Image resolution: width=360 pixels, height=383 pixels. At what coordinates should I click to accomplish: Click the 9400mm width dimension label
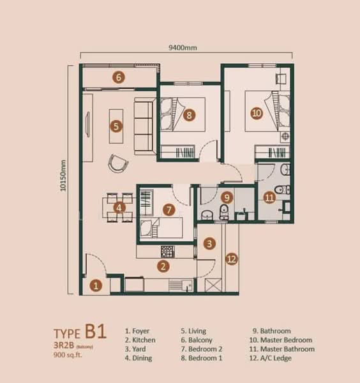pyautogui.click(x=183, y=48)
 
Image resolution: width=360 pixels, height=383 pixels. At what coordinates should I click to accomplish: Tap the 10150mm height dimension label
pyautogui.click(x=63, y=176)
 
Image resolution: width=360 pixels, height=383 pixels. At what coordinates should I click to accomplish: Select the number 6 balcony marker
pyautogui.click(x=119, y=77)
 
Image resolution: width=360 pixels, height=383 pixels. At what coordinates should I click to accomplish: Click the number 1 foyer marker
pyautogui.click(x=96, y=285)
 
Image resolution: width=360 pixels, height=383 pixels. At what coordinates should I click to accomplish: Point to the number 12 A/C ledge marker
pyautogui.click(x=232, y=259)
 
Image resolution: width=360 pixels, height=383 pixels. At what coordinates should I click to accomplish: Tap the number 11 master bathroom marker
pyautogui.click(x=269, y=197)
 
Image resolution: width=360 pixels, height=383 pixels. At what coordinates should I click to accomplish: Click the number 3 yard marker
pyautogui.click(x=209, y=243)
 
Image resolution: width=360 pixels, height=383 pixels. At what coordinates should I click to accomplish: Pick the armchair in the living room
pyautogui.click(x=117, y=163)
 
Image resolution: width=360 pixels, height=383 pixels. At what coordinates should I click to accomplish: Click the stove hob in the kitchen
pyautogui.click(x=167, y=252)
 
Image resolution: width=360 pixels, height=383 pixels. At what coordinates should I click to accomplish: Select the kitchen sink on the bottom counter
pyautogui.click(x=188, y=285)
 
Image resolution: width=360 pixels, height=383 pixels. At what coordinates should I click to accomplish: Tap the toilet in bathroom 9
pyautogui.click(x=224, y=211)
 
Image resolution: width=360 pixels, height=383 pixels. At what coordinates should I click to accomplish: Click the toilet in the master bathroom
pyautogui.click(x=282, y=190)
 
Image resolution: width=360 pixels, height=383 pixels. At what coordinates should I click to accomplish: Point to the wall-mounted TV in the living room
pyautogui.click(x=87, y=124)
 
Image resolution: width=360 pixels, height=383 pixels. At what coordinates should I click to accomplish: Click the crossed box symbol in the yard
pyautogui.click(x=213, y=285)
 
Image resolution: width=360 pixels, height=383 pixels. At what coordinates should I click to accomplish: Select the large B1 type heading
pyautogui.click(x=96, y=331)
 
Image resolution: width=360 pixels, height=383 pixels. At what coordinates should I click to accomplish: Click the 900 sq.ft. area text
pyautogui.click(x=68, y=355)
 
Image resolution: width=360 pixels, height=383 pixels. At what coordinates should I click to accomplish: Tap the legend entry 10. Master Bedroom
pyautogui.click(x=281, y=340)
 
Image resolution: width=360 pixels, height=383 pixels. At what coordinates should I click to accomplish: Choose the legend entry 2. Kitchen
pyautogui.click(x=140, y=340)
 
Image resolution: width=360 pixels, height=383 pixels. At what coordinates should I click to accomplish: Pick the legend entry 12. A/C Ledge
pyautogui.click(x=271, y=358)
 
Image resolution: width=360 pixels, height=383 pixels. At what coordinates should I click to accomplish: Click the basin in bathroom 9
pyautogui.click(x=207, y=215)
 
